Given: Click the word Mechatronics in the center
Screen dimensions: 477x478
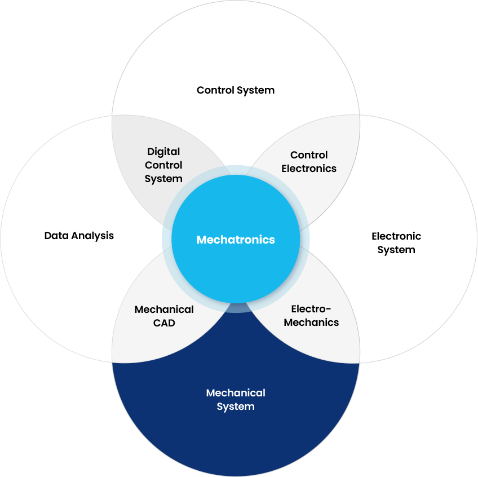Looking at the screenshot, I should [236, 240].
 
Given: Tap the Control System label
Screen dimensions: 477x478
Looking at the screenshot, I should [236, 90].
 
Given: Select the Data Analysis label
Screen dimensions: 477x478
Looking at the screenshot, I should [79, 236].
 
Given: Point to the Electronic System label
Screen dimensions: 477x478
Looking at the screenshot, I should [396, 243].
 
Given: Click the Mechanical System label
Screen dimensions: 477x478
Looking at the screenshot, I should [236, 400].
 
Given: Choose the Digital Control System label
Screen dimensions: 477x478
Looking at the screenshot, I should [163, 165].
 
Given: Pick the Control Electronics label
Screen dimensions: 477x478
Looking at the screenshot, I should [309, 162].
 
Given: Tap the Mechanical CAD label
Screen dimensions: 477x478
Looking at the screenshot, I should [164, 316].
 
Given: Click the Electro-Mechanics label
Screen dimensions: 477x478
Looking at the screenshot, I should [311, 316].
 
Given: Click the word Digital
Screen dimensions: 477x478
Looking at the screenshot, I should [163, 152].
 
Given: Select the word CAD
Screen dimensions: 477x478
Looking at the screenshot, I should [164, 323].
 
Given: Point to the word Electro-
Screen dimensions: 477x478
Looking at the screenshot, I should [311, 309].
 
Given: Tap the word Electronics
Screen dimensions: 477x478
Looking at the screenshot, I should [309, 169].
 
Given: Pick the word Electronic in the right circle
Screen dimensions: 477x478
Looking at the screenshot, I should [396, 236].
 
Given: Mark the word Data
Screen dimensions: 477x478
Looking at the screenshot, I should [56, 236].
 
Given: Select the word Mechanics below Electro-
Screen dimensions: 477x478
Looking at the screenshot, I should [311, 323].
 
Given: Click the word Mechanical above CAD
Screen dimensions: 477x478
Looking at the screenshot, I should [164, 310].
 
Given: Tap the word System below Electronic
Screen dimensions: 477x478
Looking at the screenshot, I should [396, 250].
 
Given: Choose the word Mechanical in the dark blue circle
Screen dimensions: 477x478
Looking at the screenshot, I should [236, 393].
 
